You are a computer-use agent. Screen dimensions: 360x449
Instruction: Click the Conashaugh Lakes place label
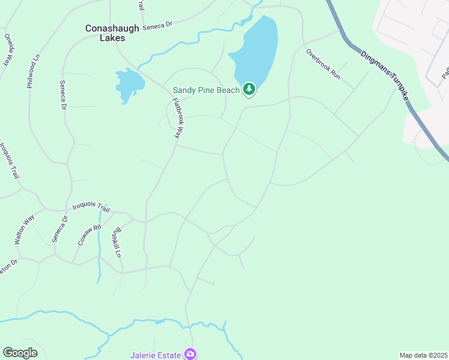coord(113,33)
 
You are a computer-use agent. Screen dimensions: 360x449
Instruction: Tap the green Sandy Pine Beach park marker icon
coord(249,90)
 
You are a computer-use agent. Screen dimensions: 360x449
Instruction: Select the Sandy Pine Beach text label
coord(206,90)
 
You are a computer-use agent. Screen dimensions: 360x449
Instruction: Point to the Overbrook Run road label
coord(323,65)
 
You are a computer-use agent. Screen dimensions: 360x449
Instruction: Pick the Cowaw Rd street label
coord(86,235)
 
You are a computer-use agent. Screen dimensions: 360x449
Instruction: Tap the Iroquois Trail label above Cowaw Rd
coord(91,207)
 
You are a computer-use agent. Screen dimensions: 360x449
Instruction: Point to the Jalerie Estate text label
coord(155,355)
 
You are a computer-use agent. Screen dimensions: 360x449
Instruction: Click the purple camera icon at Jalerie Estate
coord(190,354)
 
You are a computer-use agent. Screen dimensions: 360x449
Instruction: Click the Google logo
coord(20,353)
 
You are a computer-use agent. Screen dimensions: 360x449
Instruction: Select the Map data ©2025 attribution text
coord(423,355)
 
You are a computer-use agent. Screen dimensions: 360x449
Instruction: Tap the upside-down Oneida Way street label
coord(8,48)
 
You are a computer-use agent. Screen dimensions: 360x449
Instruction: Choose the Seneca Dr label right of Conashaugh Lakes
coord(157,25)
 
